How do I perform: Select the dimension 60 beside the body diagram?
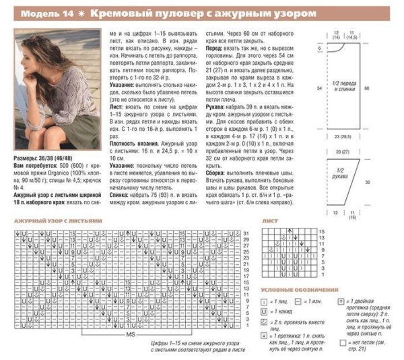384,88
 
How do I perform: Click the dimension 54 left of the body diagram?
317,88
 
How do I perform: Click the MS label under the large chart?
127,334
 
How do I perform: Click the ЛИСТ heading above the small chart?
270,220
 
